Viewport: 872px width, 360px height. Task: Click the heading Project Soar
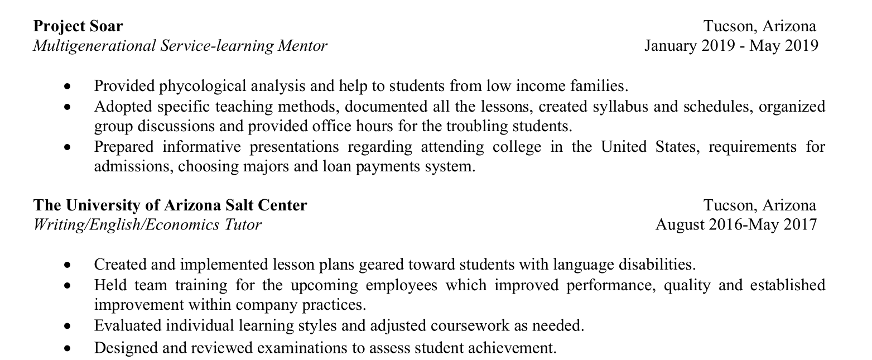[78, 26]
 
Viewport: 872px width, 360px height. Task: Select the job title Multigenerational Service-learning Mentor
[180, 45]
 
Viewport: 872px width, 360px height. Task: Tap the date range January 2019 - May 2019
[731, 45]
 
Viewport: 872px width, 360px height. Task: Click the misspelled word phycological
[203, 86]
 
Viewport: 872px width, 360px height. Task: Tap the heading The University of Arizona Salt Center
[170, 205]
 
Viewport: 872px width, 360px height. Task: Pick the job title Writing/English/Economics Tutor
[147, 224]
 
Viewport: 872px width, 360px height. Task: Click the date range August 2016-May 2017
[736, 224]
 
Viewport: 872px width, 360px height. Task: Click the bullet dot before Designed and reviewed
[68, 349]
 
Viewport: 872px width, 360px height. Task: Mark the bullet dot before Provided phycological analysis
[68, 87]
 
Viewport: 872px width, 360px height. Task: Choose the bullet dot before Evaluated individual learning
[68, 326]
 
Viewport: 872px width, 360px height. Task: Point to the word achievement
[514, 348]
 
